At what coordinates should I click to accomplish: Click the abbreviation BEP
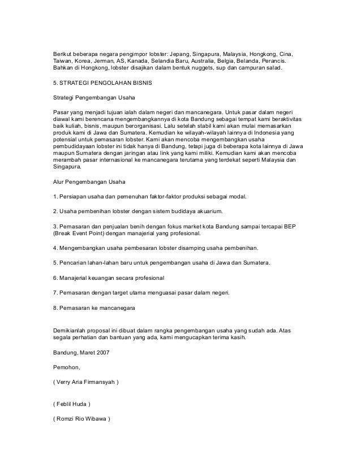click(294, 225)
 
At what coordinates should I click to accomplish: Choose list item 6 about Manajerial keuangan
click(108, 278)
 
